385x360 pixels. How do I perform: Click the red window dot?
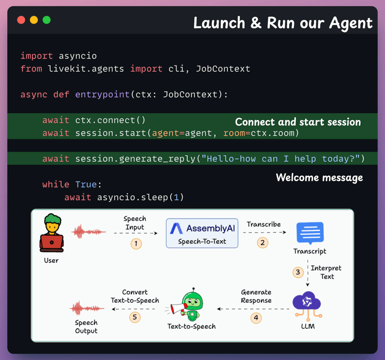21,20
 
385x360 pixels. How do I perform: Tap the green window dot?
46,20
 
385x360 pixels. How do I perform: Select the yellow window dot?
34,20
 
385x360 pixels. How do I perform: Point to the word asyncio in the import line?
78,56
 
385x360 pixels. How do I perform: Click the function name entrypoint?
102,94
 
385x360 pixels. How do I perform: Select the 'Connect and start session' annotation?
298,122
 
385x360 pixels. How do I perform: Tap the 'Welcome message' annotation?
319,178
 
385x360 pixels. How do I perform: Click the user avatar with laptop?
51,233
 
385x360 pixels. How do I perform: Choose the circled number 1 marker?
135,243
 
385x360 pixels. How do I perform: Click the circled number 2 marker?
262,242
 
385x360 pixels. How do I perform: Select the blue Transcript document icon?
310,233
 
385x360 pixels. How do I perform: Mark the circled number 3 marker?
298,272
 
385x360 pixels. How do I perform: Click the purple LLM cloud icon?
306,302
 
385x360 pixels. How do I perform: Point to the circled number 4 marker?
256,318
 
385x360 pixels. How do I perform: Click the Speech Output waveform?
87,308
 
